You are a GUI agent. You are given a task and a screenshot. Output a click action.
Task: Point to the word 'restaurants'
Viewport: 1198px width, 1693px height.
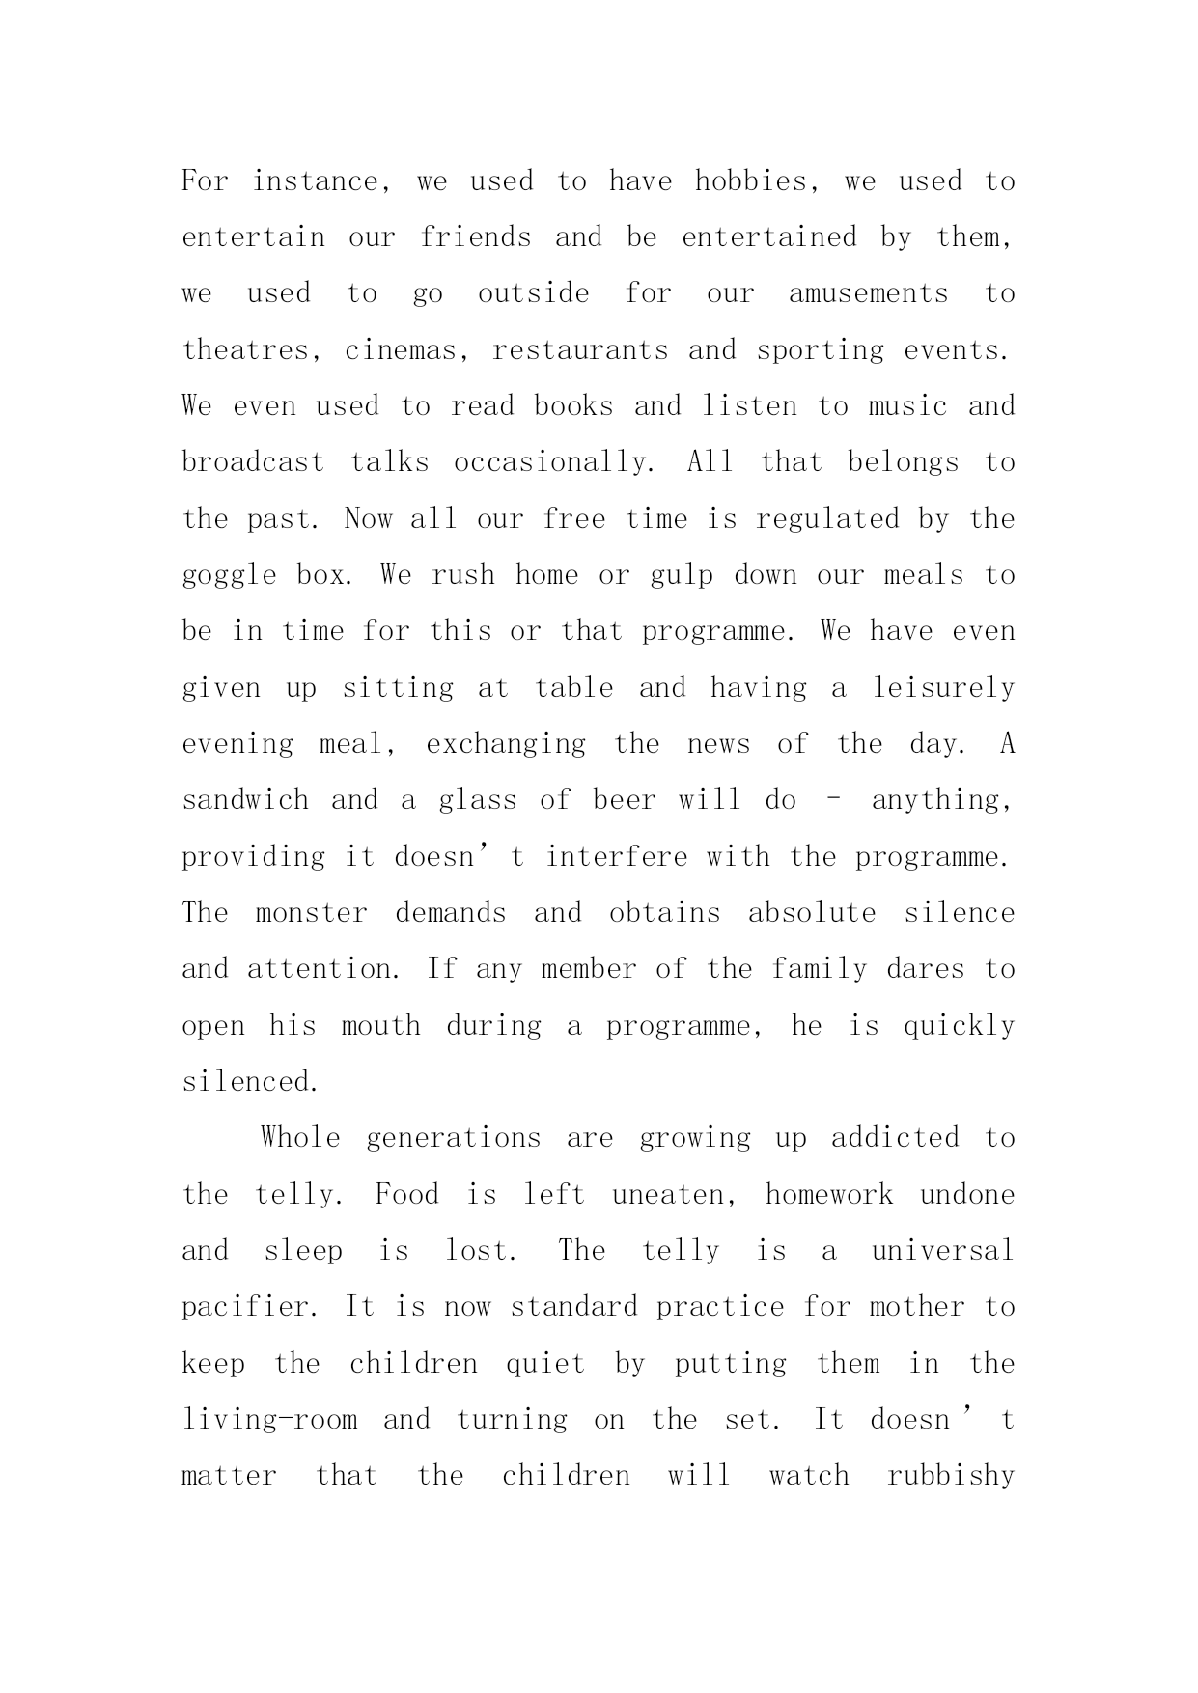click(580, 349)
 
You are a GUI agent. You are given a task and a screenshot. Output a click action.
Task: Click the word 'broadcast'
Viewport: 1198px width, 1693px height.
click(253, 462)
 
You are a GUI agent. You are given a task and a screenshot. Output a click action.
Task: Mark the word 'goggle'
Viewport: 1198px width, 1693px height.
click(230, 576)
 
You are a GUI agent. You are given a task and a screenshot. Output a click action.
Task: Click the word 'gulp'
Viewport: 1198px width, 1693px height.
click(682, 575)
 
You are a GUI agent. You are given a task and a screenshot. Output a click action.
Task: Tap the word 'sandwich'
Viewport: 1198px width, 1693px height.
click(245, 800)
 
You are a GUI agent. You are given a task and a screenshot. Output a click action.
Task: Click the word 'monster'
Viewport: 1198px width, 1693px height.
click(311, 913)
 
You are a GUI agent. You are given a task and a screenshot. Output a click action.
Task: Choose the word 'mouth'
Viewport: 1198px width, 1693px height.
click(381, 1026)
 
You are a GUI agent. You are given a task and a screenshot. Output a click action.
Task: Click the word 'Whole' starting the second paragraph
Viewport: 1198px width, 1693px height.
click(300, 1138)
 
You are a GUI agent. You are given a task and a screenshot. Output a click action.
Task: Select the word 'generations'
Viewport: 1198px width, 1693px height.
click(453, 1138)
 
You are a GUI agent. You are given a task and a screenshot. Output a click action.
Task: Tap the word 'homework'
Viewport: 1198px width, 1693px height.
click(828, 1195)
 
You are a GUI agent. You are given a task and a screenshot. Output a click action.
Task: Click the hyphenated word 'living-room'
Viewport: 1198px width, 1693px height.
click(269, 1420)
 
